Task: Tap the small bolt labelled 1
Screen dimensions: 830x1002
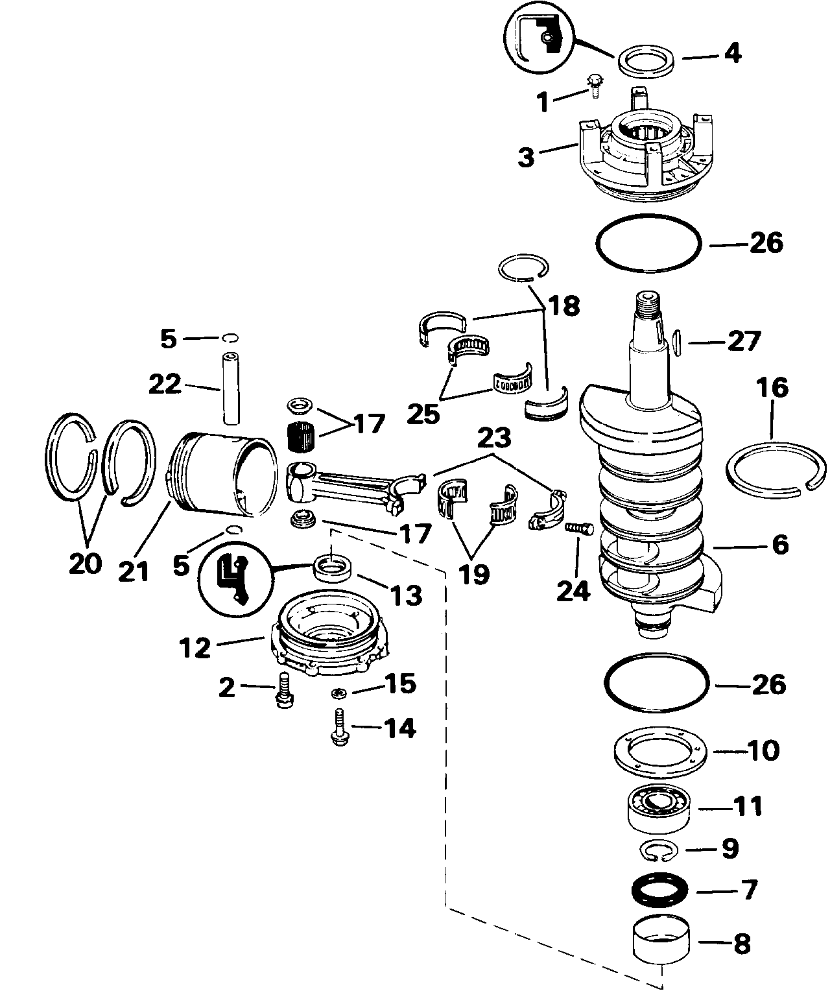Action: click(595, 86)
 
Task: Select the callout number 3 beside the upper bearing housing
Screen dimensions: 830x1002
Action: click(527, 158)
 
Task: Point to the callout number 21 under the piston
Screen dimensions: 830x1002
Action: click(134, 571)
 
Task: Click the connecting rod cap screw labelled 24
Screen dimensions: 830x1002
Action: click(580, 529)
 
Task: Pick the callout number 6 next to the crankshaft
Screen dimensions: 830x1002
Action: click(780, 545)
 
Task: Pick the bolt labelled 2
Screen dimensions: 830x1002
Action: click(285, 690)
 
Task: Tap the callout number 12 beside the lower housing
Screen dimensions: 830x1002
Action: click(195, 648)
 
